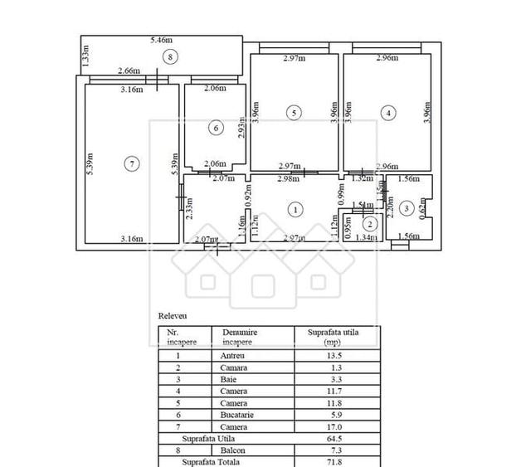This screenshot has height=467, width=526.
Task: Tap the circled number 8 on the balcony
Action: [169, 57]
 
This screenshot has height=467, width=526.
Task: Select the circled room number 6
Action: [216, 128]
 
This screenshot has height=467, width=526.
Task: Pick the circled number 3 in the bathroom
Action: [406, 209]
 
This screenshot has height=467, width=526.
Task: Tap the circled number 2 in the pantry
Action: [371, 222]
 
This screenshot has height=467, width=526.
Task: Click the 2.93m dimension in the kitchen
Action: [239, 129]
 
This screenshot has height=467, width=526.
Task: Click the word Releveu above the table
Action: [173, 316]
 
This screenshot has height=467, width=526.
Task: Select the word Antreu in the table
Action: [234, 356]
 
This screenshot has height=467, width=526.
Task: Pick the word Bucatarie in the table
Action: [237, 415]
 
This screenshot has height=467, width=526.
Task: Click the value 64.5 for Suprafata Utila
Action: [338, 438]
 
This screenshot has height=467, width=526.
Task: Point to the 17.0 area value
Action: [338, 426]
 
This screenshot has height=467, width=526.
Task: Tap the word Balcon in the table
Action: [234, 450]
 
